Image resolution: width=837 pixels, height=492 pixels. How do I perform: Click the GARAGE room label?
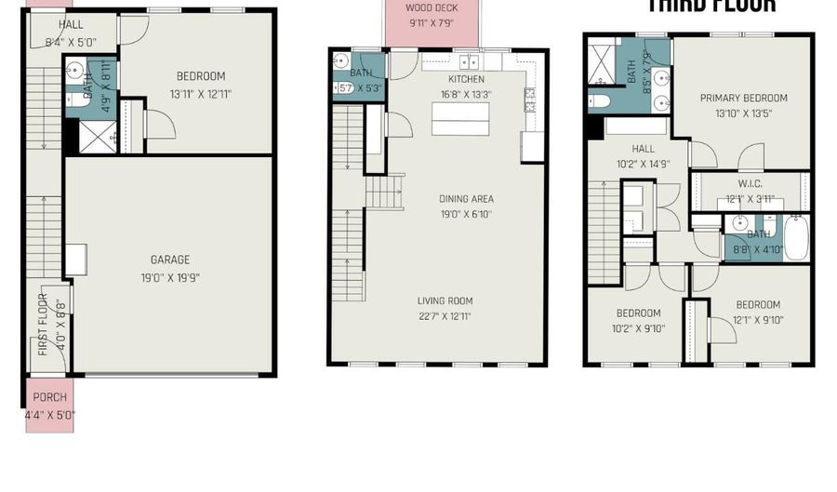coord(169,259)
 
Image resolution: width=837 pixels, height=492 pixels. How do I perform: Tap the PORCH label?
coord(49,397)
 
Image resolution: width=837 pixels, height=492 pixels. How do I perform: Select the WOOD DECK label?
coord(431,8)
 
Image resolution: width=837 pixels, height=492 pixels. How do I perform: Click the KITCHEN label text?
coord(467,79)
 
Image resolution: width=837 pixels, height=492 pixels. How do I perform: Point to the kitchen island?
coord(459,118)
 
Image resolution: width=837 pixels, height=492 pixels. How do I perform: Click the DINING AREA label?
coord(466,198)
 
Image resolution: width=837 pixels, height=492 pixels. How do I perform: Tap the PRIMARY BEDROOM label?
coord(744,98)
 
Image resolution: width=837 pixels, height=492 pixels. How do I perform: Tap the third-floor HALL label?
coord(643,149)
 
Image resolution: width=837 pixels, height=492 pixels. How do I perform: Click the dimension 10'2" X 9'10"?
coord(637,327)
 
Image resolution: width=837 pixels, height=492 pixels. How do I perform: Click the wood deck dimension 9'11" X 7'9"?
coord(431,22)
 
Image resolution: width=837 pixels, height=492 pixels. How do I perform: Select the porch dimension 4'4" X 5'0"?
coord(49,415)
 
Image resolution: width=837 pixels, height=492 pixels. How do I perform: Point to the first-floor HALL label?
coord(70,23)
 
